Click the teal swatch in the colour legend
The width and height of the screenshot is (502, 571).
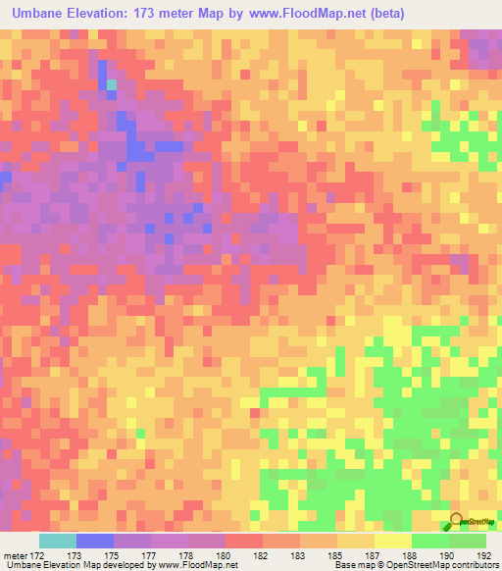click(58, 541)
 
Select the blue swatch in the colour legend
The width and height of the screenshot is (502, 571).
click(95, 541)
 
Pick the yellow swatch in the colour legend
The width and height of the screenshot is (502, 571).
click(392, 541)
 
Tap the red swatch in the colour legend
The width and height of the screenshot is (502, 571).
click(243, 541)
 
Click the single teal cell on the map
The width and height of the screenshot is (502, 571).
click(112, 85)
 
